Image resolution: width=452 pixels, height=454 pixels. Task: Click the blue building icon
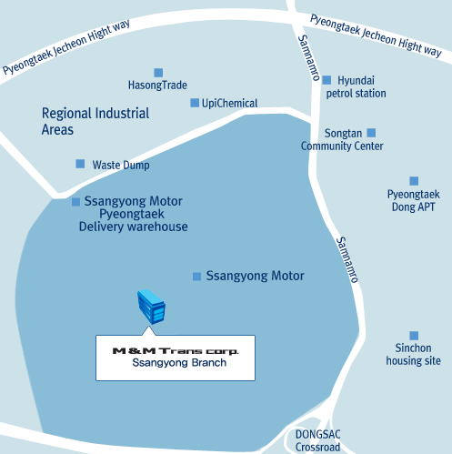[x=151, y=307]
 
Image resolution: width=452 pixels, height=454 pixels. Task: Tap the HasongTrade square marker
[x=158, y=73]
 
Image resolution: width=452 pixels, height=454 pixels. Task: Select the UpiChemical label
[x=230, y=104]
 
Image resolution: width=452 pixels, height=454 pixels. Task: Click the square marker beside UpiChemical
[x=195, y=103]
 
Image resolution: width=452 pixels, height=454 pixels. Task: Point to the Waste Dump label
[x=121, y=165]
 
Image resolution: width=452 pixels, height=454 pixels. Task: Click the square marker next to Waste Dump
[x=80, y=164]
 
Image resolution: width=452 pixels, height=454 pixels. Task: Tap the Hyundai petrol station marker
[x=326, y=80]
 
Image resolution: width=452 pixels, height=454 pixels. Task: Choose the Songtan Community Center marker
[x=371, y=133]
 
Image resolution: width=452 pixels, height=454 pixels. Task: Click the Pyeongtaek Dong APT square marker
[x=414, y=181]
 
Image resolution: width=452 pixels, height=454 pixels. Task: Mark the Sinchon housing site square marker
[x=414, y=336]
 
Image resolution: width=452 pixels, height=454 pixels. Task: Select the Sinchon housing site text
[x=413, y=354]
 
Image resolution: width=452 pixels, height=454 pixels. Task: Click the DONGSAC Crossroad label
[x=317, y=440]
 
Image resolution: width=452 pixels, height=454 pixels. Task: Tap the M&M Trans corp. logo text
[x=176, y=351]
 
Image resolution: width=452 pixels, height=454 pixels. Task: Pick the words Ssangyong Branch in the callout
[x=179, y=363]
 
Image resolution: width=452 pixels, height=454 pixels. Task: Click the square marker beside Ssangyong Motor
[x=196, y=277]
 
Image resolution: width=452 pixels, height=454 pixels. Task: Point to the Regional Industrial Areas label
[x=95, y=121]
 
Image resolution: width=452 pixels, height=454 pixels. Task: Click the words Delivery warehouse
[x=134, y=227]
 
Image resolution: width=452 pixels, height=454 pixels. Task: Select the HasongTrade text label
[x=157, y=86]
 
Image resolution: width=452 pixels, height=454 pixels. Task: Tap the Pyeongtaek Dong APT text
[x=414, y=200]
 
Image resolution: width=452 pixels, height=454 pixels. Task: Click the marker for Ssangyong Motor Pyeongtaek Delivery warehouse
[x=75, y=202]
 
